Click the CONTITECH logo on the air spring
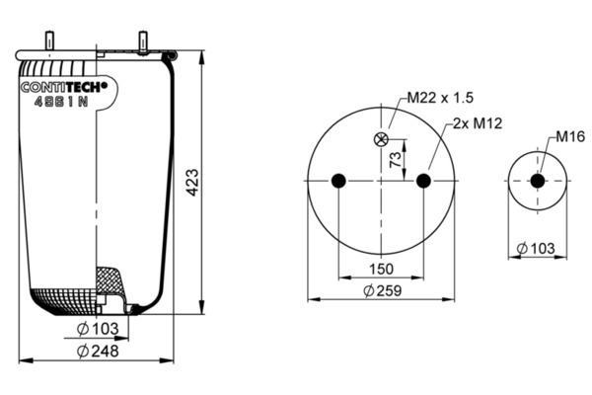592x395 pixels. tap(64, 87)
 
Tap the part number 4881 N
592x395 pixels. tap(61, 102)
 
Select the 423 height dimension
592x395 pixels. tap(192, 182)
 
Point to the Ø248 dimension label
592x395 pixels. tap(98, 352)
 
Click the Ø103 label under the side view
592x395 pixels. tap(98, 329)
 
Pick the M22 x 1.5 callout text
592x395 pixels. tap(440, 98)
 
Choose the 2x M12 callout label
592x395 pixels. tap(478, 123)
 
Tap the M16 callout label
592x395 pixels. tap(570, 136)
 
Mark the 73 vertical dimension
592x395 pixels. tap(396, 160)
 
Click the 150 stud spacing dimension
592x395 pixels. tap(381, 270)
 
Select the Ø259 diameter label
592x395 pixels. tap(383, 290)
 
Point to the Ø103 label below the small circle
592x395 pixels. tap(536, 249)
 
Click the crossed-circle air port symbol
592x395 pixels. tap(381, 139)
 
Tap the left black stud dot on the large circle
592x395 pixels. tap(338, 181)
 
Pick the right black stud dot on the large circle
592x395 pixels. tap(423, 181)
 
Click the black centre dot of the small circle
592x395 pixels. tap(538, 181)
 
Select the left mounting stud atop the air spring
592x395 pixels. tap(49, 40)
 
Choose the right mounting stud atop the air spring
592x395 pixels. tap(143, 42)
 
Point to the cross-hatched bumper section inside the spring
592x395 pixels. tap(110, 280)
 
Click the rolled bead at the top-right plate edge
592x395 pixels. tap(170, 56)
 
